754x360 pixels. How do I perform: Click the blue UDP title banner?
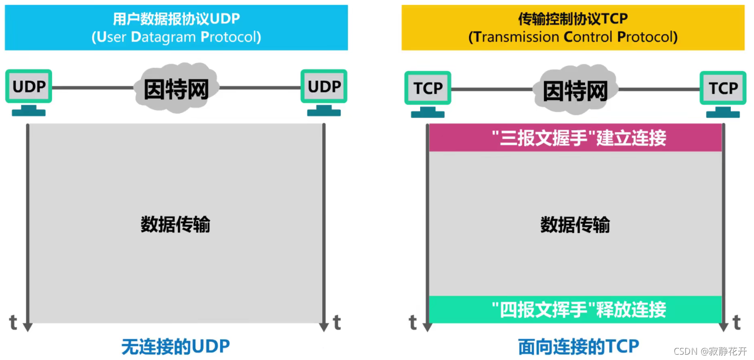(176, 28)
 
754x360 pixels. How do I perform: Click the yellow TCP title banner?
(573, 28)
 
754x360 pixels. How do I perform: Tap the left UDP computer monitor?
(28, 86)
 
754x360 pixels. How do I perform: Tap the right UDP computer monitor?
(324, 86)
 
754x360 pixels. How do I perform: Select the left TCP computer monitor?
(427, 88)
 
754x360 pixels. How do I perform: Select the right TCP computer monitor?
(723, 88)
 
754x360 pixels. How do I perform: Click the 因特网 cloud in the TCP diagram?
(575, 91)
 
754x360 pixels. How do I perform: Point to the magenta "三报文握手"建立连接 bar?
(575, 138)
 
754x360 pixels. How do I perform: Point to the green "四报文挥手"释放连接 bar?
(575, 309)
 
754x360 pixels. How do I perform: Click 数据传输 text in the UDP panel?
(176, 225)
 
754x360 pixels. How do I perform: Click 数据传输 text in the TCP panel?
(575, 225)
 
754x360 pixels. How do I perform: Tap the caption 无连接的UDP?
(176, 346)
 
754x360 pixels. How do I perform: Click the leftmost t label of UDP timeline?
(14, 323)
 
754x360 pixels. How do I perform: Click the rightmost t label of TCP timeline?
(737, 323)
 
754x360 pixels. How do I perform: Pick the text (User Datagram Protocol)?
(176, 37)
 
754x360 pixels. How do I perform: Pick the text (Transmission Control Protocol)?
(573, 37)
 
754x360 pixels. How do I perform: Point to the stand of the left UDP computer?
(28, 111)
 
